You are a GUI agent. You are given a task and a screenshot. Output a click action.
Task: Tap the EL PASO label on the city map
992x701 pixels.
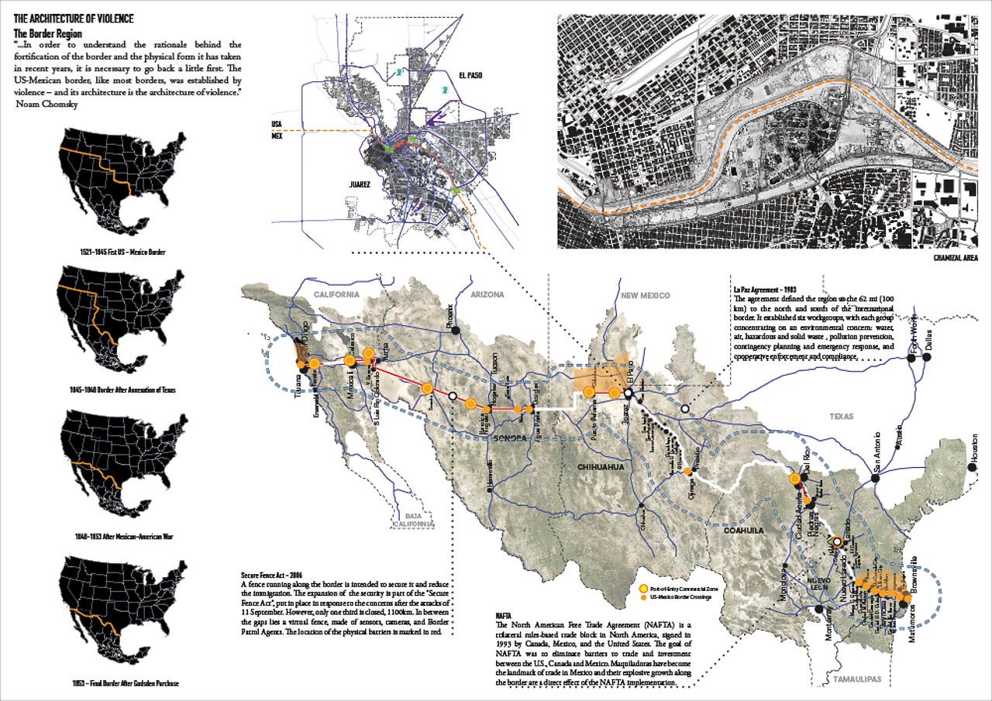click(470, 74)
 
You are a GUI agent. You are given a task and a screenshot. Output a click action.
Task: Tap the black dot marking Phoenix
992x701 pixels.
click(456, 331)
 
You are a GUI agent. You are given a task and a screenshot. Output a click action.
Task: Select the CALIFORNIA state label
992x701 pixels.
click(336, 294)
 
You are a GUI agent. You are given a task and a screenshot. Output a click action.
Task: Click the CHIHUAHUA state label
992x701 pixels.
click(601, 468)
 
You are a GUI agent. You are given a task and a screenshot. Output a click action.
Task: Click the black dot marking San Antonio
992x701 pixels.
click(876, 479)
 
